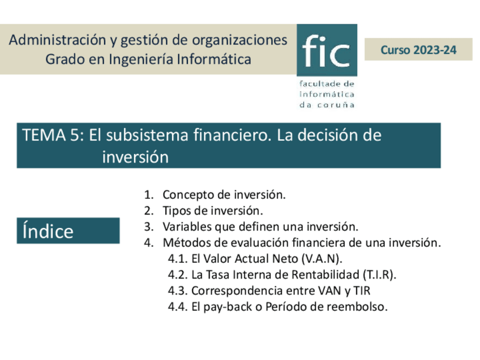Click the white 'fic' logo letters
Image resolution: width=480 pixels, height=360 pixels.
326,50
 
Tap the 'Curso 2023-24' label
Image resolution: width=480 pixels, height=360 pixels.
418,50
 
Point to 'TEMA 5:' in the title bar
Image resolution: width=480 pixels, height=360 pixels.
53,136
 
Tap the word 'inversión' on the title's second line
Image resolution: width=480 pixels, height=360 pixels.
135,157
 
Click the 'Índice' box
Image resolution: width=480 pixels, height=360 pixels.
68,231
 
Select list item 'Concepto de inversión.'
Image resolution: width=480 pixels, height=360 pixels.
224,195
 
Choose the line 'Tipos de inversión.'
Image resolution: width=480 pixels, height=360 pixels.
213,211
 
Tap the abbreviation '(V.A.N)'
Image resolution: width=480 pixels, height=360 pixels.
322,259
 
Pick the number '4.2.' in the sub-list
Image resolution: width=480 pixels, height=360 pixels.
178,275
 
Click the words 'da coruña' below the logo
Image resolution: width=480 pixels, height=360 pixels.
327,104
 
